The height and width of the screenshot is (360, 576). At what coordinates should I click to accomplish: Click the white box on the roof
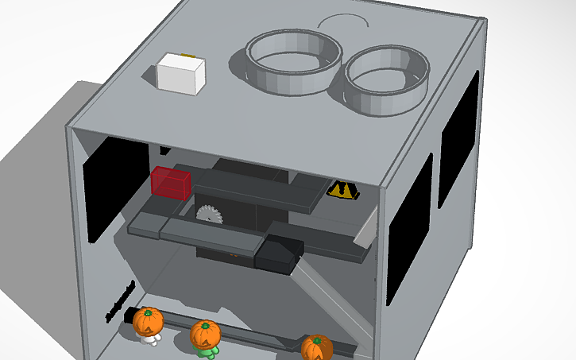point(182,74)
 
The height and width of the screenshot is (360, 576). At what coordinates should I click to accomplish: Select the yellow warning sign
point(342,190)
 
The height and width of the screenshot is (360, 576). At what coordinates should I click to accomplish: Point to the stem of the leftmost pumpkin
point(147,310)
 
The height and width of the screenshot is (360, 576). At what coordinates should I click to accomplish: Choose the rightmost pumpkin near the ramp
point(316,347)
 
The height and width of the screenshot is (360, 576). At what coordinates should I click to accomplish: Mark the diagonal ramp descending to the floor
point(334,298)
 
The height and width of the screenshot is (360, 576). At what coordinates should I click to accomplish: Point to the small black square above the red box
point(165,149)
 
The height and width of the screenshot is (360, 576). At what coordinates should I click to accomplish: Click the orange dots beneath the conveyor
point(231,255)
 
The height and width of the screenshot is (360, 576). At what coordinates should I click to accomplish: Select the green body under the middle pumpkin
point(208,351)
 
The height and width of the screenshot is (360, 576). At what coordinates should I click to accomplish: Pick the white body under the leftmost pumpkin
point(150,339)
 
